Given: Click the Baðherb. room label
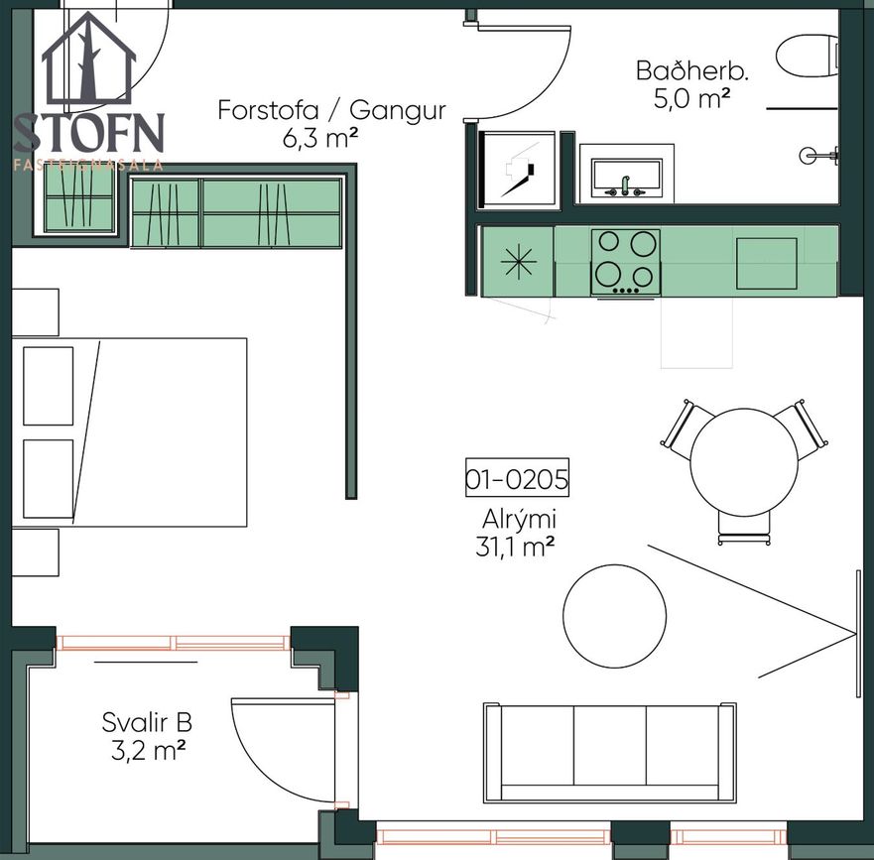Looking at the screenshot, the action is coord(691,71).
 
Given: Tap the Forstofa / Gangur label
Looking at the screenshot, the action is coord(331,110).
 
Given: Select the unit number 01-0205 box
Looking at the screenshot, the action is coord(517,478).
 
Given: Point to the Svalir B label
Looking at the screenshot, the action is coord(147,722).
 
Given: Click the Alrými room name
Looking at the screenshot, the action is coord(519,519).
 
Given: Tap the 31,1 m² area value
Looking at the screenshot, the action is coord(515,547).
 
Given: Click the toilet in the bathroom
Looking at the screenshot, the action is coord(808,56).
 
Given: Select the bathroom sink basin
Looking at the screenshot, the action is coord(627,178).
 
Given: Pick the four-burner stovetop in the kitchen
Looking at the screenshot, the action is coord(625,262).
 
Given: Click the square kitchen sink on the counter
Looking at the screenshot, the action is coord(767,264).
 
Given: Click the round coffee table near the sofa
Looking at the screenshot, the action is coord(614,616).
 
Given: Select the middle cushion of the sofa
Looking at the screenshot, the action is coord(610,745).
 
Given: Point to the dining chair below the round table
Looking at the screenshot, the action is coord(744,529).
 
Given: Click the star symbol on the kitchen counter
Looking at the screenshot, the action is coord(519,262).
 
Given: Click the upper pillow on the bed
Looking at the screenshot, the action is coord(48,386).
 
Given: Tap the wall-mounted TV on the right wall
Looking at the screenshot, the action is coord(858,633).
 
